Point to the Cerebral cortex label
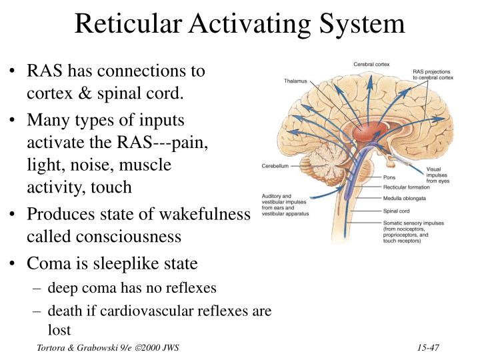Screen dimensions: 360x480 coord(371,64)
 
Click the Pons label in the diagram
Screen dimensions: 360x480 coord(389,178)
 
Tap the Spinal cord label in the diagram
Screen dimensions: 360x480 coord(397,210)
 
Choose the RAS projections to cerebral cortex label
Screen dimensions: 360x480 coord(433,74)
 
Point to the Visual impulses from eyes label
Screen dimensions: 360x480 coord(437,175)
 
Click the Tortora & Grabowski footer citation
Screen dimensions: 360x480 coord(107,348)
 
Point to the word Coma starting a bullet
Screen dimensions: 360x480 coord(45,263)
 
